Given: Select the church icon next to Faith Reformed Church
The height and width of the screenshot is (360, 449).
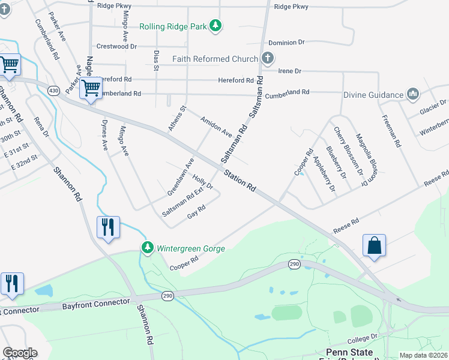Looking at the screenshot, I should [268, 59].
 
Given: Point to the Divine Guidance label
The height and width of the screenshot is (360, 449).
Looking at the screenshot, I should [373, 95].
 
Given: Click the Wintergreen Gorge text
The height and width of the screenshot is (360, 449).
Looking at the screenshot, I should [191, 248].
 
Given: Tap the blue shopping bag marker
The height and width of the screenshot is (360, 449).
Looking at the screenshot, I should [374, 245].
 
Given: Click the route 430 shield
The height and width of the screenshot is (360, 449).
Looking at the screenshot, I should [54, 90].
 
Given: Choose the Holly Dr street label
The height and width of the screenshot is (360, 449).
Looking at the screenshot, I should [203, 182].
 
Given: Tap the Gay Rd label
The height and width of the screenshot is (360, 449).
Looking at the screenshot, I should [196, 212].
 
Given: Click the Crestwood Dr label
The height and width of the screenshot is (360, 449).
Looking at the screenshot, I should [116, 46].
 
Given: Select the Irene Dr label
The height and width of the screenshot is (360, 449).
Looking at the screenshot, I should [289, 71].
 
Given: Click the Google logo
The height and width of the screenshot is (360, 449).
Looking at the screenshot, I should [20, 353].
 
